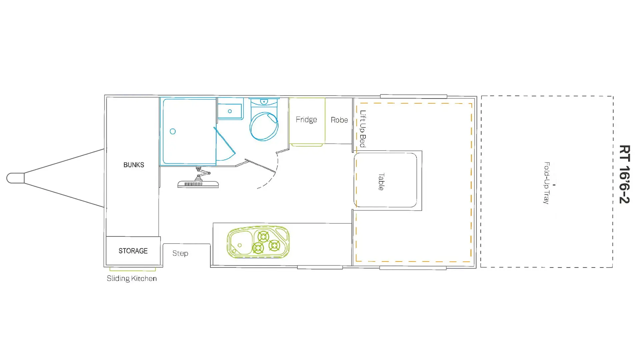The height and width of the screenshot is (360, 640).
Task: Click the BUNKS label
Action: (134, 165)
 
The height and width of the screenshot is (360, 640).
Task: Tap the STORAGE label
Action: (133, 251)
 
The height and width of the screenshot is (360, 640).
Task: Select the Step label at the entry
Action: (180, 253)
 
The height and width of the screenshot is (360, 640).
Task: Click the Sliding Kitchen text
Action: (132, 278)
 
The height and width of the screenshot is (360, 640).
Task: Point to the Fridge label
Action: (306, 120)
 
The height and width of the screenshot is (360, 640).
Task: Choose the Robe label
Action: (339, 120)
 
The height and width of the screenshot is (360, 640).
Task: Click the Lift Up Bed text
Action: (363, 129)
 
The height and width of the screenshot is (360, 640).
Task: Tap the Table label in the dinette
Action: (381, 182)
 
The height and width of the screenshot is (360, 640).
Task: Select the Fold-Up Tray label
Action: (546, 183)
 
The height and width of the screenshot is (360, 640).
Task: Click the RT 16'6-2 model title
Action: (624, 174)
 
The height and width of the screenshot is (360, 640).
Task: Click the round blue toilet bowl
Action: (264, 126)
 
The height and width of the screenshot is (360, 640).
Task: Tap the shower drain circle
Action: (173, 131)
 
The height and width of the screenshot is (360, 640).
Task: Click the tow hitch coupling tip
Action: (7, 178)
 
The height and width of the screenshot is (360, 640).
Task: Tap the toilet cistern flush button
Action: (264, 101)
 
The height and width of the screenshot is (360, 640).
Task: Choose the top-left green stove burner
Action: (263, 237)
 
